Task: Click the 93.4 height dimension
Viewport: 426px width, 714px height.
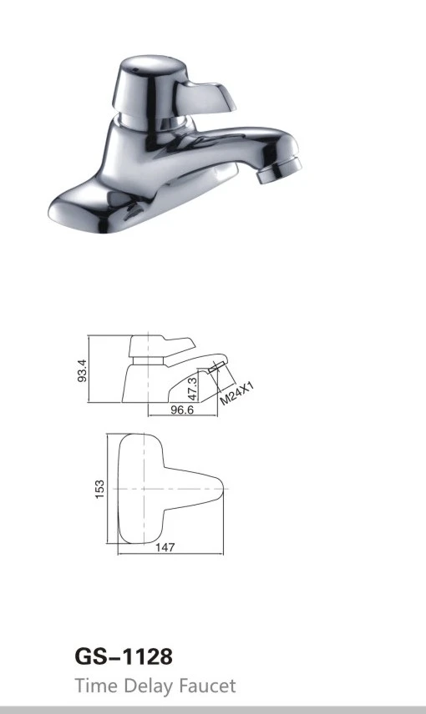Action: [82, 370]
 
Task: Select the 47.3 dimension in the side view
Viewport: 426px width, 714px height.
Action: [192, 387]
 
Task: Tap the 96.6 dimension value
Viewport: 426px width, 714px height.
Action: [182, 410]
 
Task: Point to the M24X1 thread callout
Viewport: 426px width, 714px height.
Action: [236, 394]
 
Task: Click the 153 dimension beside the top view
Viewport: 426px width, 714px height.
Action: [99, 489]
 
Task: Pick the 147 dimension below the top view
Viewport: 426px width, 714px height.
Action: [165, 547]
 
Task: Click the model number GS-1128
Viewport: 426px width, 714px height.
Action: [124, 657]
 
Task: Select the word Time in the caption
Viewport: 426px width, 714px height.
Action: [97, 686]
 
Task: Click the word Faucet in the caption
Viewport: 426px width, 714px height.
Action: [207, 686]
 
